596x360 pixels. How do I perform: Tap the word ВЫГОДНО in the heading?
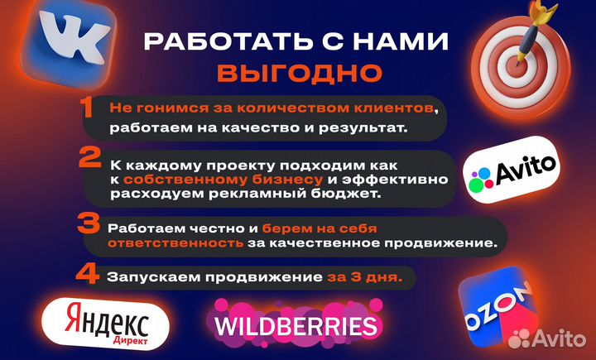click(299, 73)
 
